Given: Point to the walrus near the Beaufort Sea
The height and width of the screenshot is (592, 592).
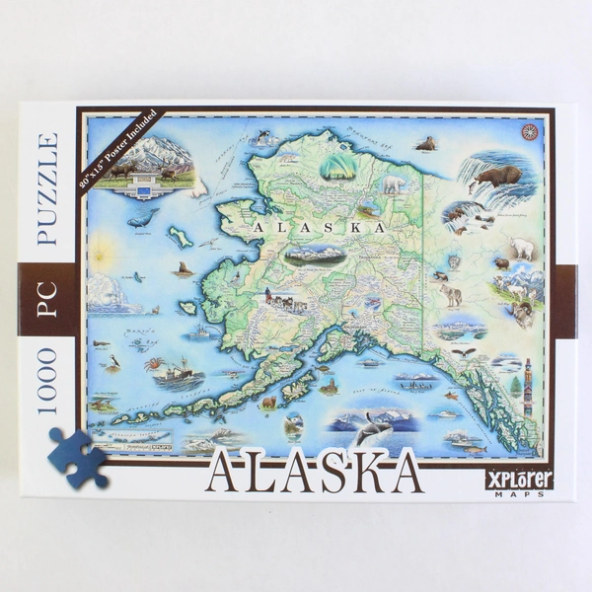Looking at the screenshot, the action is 425,144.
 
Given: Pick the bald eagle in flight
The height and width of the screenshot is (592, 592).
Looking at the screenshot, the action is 463,352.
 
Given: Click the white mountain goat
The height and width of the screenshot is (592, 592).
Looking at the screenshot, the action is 521,249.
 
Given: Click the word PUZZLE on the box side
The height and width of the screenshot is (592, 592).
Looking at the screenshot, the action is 47,187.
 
